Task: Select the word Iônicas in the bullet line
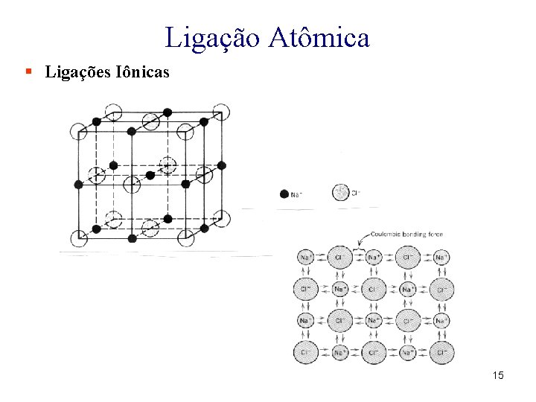[141, 72]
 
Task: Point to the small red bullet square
[28, 72]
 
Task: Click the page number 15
[498, 375]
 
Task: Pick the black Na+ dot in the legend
[284, 194]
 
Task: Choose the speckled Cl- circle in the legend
[341, 193]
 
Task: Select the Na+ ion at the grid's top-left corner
[305, 258]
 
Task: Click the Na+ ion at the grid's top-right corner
[441, 258]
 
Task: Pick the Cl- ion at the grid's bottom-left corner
[305, 352]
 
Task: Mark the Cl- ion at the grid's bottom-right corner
[441, 352]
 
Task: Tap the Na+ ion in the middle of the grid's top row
[373, 258]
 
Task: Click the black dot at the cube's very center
[150, 175]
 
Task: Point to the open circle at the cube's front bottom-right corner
[186, 237]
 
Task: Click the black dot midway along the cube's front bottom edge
[133, 238]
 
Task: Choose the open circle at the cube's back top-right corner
[221, 112]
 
